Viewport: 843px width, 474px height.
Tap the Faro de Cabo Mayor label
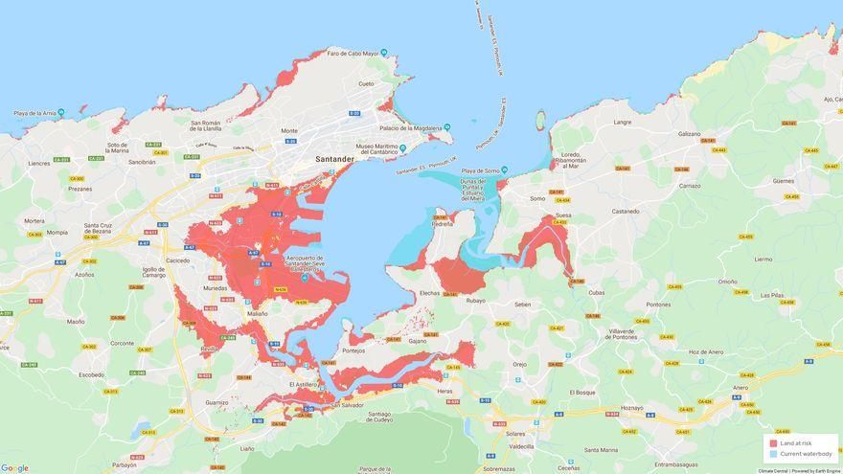tap(353, 53)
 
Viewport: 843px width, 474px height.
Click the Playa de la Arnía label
tap(34, 113)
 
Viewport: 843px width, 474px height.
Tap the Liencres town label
tap(39, 163)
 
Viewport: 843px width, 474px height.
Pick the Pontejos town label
tap(353, 350)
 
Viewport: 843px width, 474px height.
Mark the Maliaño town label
tap(257, 313)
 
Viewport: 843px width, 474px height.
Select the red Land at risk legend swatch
tap(773, 443)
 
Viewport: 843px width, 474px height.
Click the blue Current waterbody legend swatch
tap(773, 454)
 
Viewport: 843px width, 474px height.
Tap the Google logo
tap(14, 467)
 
